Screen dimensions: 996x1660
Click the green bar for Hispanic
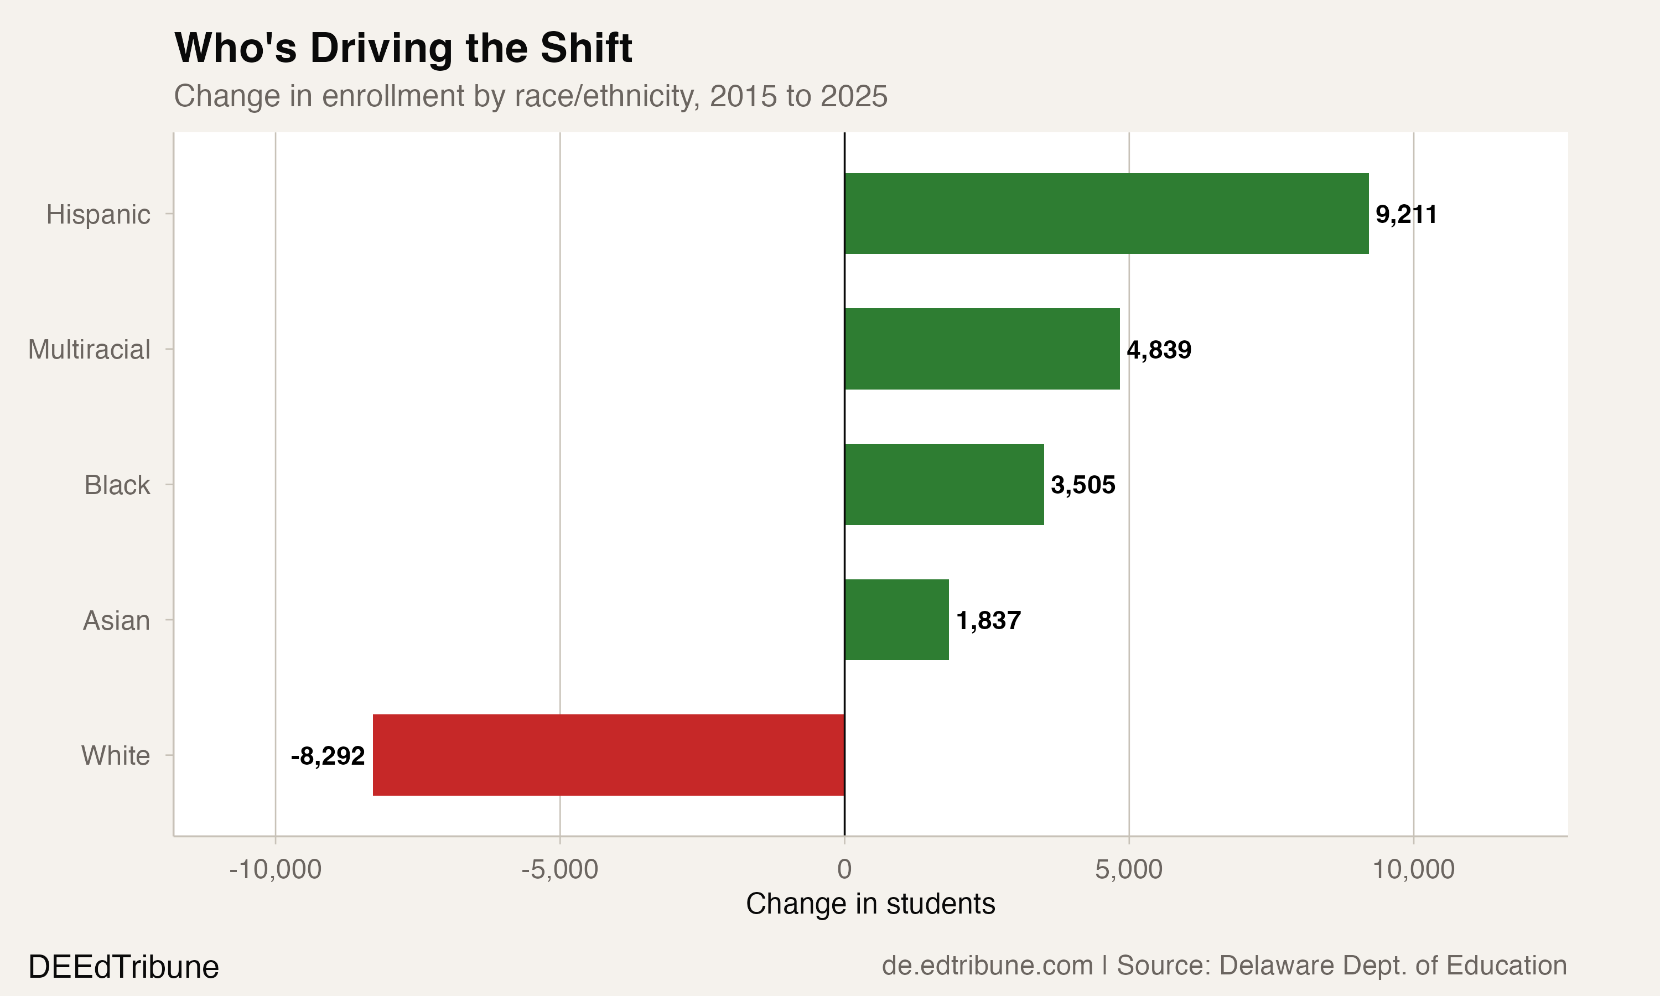point(1106,214)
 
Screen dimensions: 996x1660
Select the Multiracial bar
point(982,349)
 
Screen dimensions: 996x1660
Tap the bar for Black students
point(943,485)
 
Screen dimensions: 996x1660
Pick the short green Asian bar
point(896,620)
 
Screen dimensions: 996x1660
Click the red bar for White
point(608,755)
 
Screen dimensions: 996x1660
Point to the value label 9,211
point(1405,215)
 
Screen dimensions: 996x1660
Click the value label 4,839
point(1158,350)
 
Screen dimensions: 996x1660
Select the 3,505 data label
point(1082,485)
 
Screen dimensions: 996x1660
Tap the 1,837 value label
point(988,621)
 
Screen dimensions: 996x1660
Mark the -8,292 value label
point(328,756)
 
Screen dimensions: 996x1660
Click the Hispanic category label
point(98,215)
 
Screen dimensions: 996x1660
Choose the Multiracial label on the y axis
point(89,350)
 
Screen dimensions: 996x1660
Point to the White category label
point(116,756)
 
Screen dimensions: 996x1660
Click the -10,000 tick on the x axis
point(275,869)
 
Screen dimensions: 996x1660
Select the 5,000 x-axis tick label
point(1129,869)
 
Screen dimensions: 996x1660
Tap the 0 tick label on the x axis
point(844,869)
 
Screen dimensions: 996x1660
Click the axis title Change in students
point(870,904)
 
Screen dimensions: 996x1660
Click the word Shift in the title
point(585,48)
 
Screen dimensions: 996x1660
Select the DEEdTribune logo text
point(123,967)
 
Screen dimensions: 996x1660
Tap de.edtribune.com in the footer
point(987,966)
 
